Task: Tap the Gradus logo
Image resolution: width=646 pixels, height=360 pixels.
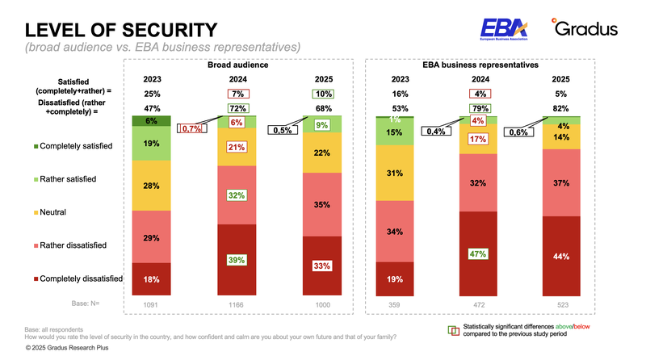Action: (585, 29)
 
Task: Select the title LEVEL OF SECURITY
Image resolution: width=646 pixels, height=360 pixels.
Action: (121, 30)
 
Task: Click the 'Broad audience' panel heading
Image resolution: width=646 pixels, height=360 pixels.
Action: (237, 64)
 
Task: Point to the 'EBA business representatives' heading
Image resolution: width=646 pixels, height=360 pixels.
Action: (480, 64)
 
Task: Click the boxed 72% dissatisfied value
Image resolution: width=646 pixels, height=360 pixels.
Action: (237, 108)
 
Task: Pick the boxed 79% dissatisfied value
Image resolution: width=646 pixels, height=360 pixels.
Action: (480, 108)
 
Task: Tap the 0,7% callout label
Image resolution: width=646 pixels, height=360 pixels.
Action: (192, 129)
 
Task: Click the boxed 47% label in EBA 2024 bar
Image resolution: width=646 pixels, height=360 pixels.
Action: (477, 253)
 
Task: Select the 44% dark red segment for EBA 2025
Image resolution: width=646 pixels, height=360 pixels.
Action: (560, 257)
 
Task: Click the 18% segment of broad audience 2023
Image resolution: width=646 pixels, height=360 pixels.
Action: (151, 279)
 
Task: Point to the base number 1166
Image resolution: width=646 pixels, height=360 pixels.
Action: (237, 305)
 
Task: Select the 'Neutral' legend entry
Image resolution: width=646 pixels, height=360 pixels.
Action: (50, 212)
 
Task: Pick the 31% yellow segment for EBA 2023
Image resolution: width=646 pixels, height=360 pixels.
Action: (395, 173)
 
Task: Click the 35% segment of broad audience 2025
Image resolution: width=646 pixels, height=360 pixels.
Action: (321, 205)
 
